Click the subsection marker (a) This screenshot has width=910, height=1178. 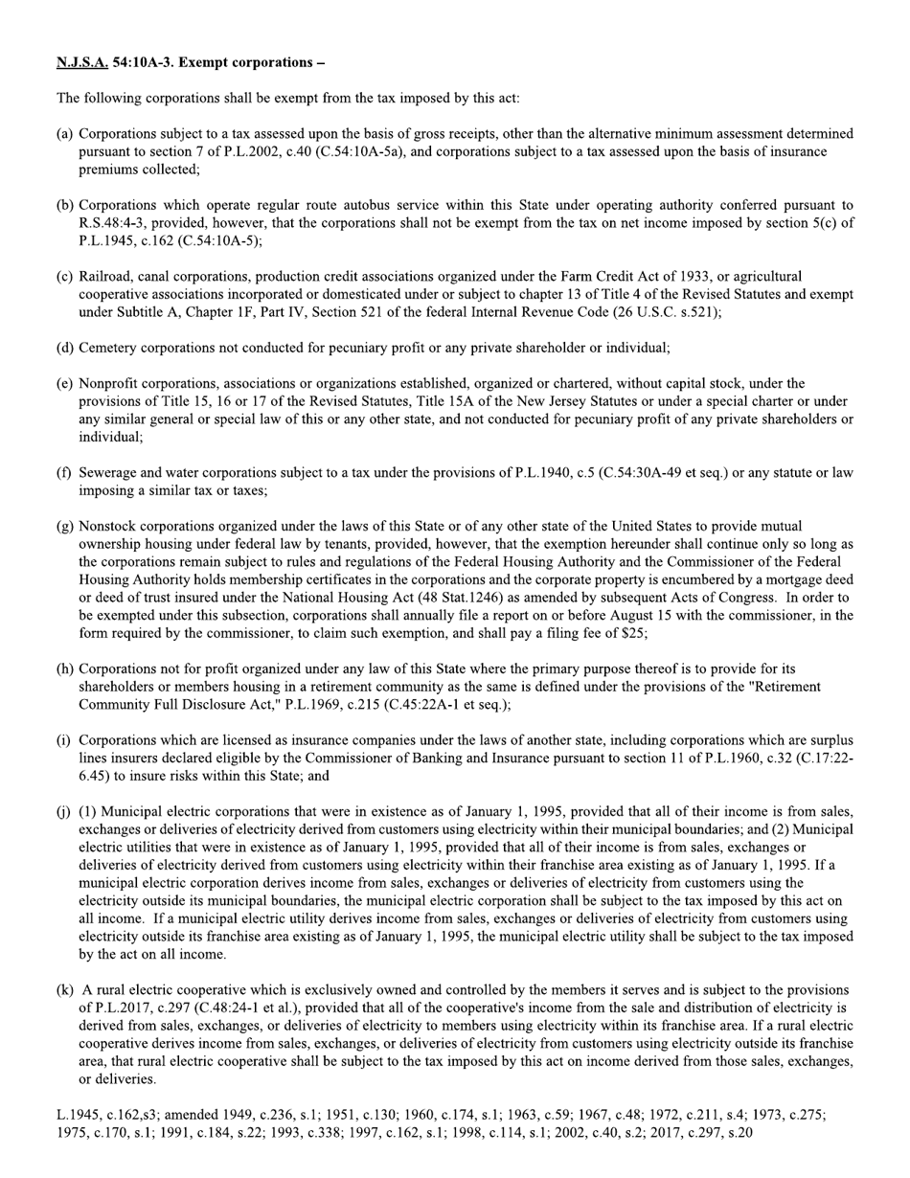point(65,134)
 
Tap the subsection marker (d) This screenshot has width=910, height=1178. point(65,348)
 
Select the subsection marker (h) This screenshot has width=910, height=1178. point(65,668)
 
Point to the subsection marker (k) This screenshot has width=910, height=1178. point(65,989)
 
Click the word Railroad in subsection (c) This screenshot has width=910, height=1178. point(107,277)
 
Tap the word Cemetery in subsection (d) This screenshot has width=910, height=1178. point(110,348)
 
